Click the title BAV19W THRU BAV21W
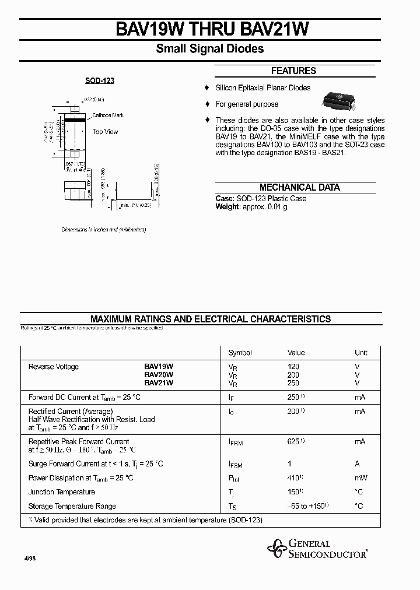(209, 30)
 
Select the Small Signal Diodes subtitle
(209, 49)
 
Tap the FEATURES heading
(293, 71)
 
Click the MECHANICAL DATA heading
(299, 188)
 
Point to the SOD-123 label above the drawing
(100, 80)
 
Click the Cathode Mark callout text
(108, 115)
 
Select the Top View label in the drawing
(105, 132)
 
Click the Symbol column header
(240, 353)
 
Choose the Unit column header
(361, 353)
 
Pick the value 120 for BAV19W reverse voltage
(293, 367)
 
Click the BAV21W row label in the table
(159, 383)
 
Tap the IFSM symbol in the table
(235, 465)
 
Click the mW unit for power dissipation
(360, 478)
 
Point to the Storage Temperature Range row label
(72, 506)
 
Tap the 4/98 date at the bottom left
(29, 559)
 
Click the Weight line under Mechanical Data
(251, 207)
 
